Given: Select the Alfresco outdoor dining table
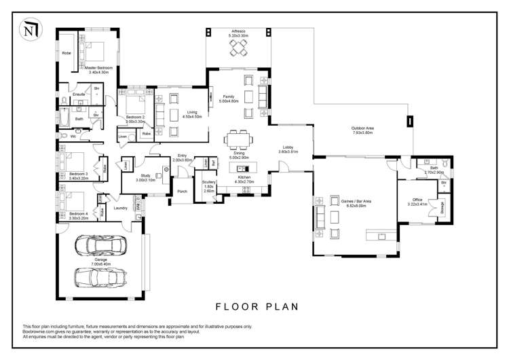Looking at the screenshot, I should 238,48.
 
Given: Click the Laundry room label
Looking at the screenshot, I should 121,208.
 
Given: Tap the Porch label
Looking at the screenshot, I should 182,192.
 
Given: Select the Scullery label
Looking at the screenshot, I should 209,181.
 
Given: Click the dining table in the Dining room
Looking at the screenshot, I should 238,139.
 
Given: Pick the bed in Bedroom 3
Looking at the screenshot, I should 70,163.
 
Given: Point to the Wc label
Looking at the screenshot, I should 73,137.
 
